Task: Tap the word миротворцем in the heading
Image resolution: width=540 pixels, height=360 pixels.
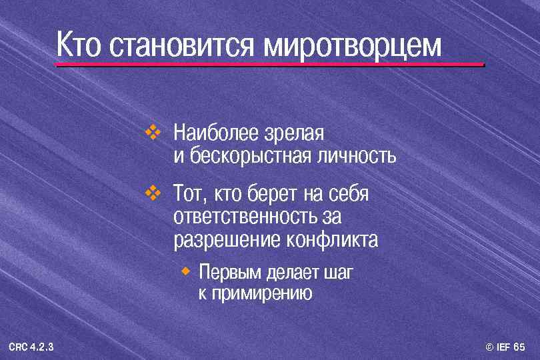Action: pos(353,47)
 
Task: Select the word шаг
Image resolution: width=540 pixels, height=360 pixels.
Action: pos(337,273)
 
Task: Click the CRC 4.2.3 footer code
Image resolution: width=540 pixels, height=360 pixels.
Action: pos(31,347)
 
